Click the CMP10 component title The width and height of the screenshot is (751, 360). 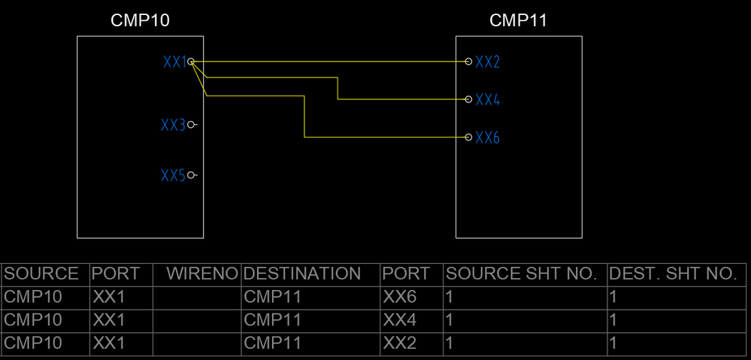click(x=140, y=20)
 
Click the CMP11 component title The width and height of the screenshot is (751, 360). click(x=518, y=20)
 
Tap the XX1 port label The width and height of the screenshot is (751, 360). click(x=174, y=62)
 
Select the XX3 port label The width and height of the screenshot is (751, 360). click(x=173, y=125)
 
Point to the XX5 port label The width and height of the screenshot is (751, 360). click(x=173, y=176)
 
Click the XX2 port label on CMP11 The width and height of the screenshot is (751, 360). click(x=488, y=62)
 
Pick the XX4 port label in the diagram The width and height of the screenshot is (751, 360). click(x=488, y=99)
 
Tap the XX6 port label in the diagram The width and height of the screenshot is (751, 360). click(x=488, y=138)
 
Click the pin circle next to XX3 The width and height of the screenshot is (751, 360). click(x=191, y=125)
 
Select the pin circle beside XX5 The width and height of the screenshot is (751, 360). click(x=191, y=175)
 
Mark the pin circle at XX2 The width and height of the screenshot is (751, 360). click(x=468, y=62)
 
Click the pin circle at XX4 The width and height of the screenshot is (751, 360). click(x=468, y=99)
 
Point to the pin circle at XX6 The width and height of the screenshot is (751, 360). click(x=468, y=138)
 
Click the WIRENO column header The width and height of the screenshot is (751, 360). click(x=202, y=274)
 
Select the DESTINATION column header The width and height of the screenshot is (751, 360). click(x=302, y=274)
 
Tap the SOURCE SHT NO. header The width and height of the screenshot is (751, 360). click(x=522, y=274)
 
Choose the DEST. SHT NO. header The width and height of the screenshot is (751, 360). click(x=673, y=274)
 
